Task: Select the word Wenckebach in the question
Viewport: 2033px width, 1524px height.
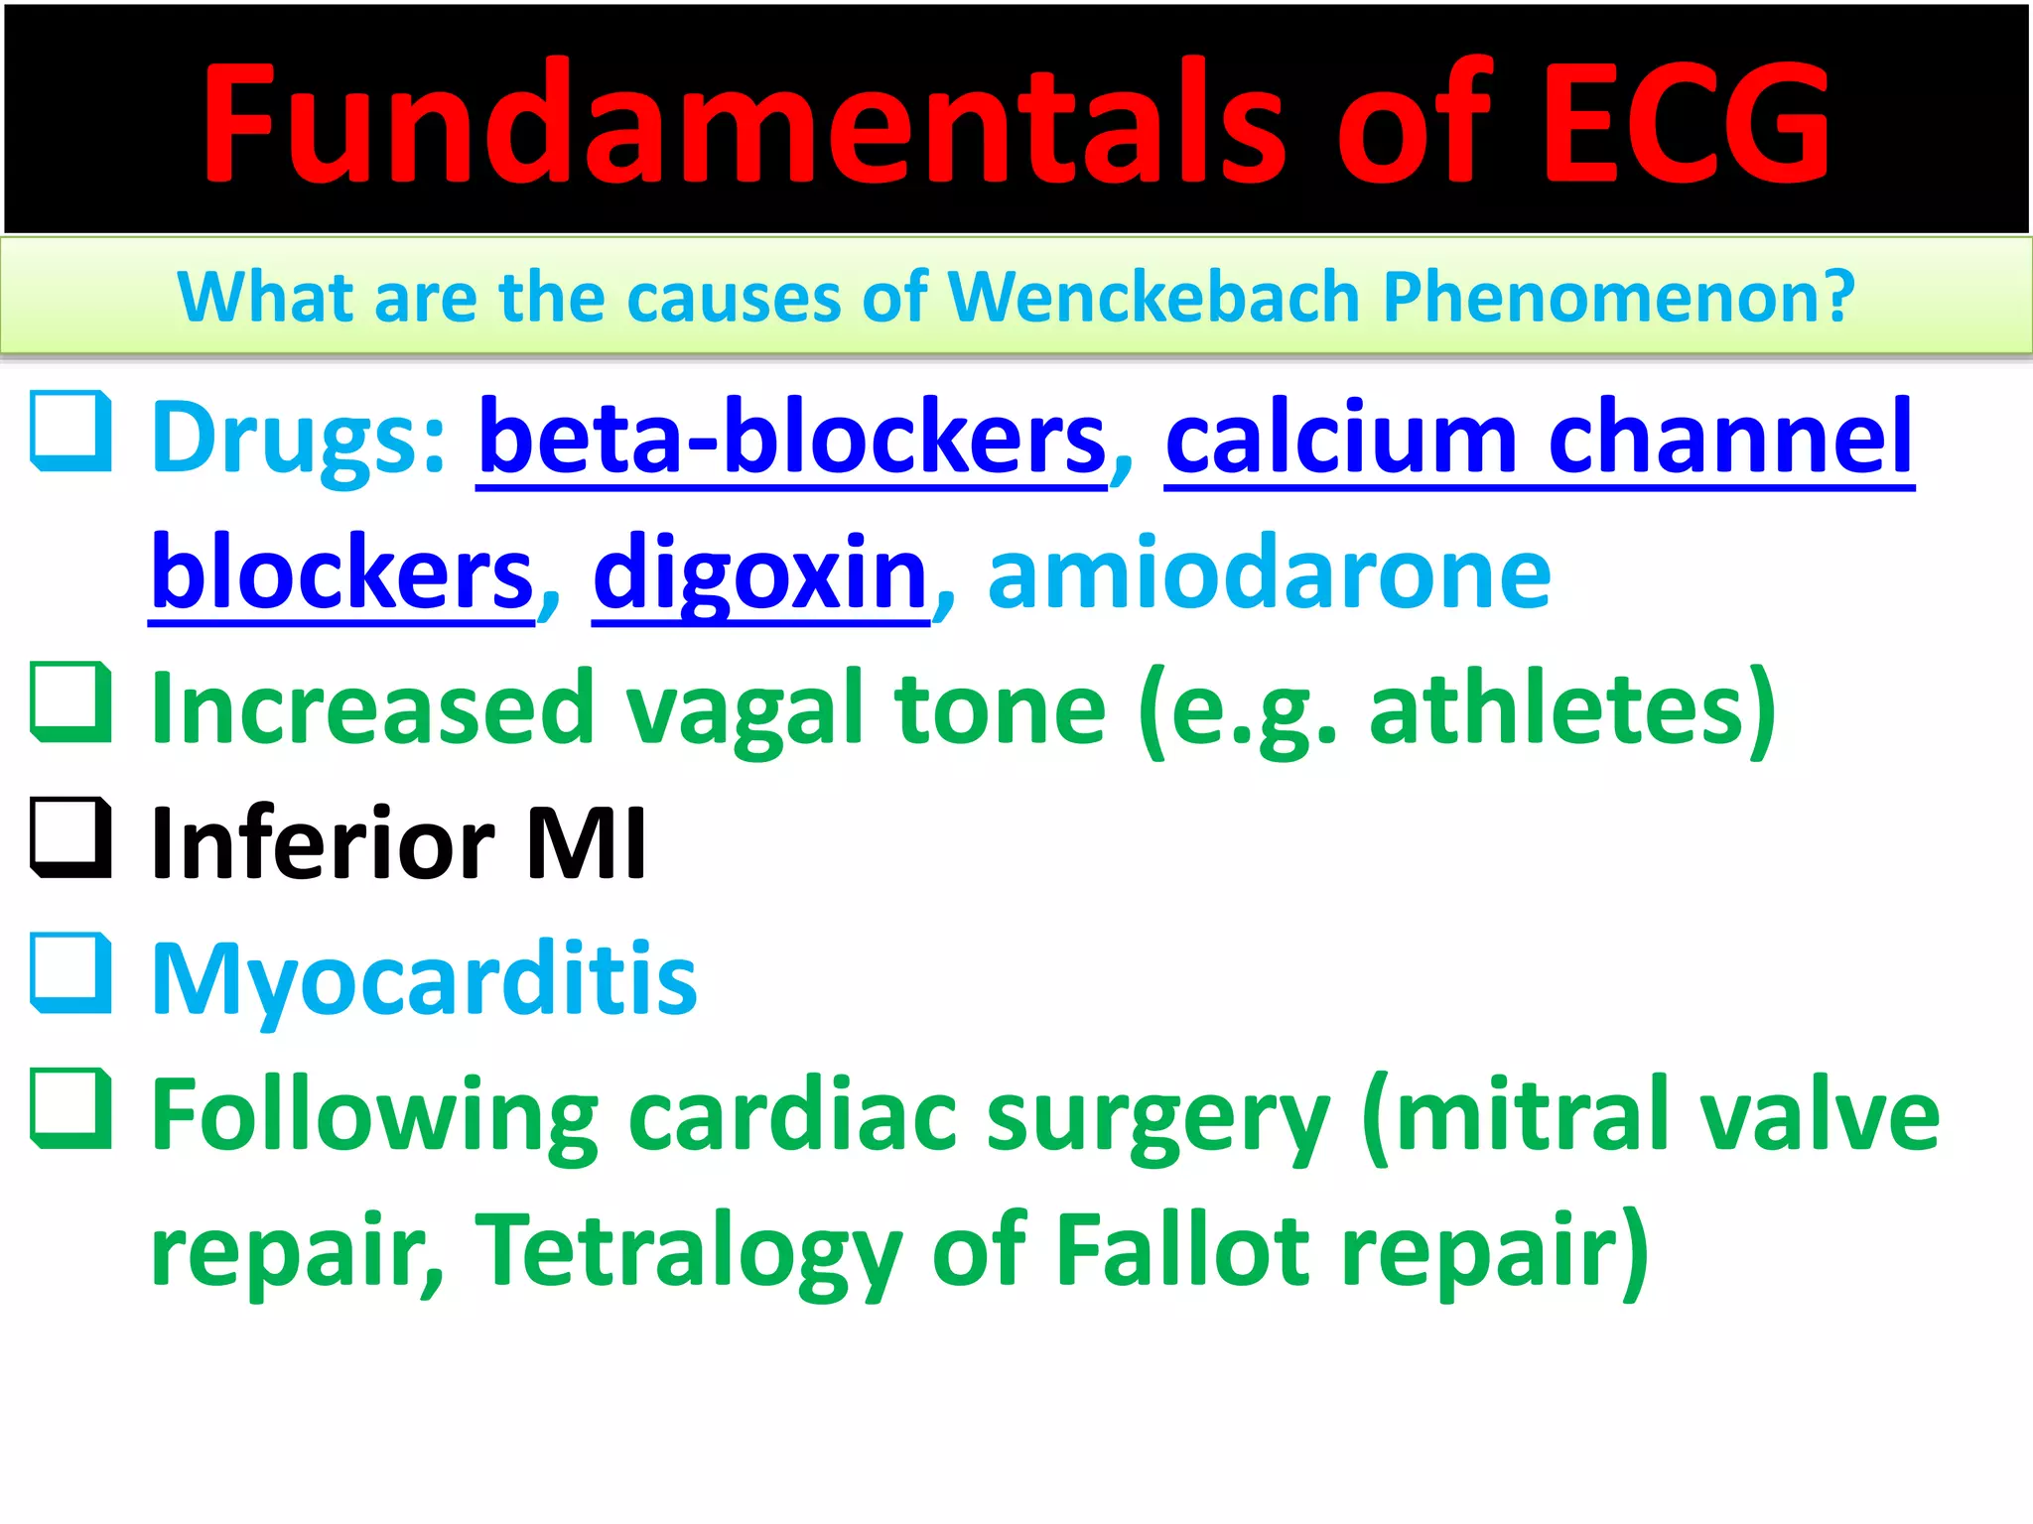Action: [x=1153, y=297]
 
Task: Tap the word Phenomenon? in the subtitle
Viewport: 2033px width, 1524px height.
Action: [x=1618, y=297]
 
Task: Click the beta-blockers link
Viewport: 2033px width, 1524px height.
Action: [x=792, y=438]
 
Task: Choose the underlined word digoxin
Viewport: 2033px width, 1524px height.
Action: [x=760, y=573]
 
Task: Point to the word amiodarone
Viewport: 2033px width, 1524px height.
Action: [x=1269, y=573]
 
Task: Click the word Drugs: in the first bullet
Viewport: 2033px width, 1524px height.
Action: [x=299, y=438]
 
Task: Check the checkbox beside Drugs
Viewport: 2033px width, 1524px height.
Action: [x=70, y=432]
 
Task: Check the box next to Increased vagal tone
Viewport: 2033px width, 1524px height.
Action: [x=70, y=702]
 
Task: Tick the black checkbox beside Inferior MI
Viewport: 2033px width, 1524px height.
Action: [x=70, y=838]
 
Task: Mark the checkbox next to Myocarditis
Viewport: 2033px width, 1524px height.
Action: [x=70, y=973]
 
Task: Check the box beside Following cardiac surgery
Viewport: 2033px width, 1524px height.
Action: [x=70, y=1109]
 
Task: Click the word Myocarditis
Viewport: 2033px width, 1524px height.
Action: [x=424, y=980]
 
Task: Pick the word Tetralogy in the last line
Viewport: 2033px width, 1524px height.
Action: [x=688, y=1251]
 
